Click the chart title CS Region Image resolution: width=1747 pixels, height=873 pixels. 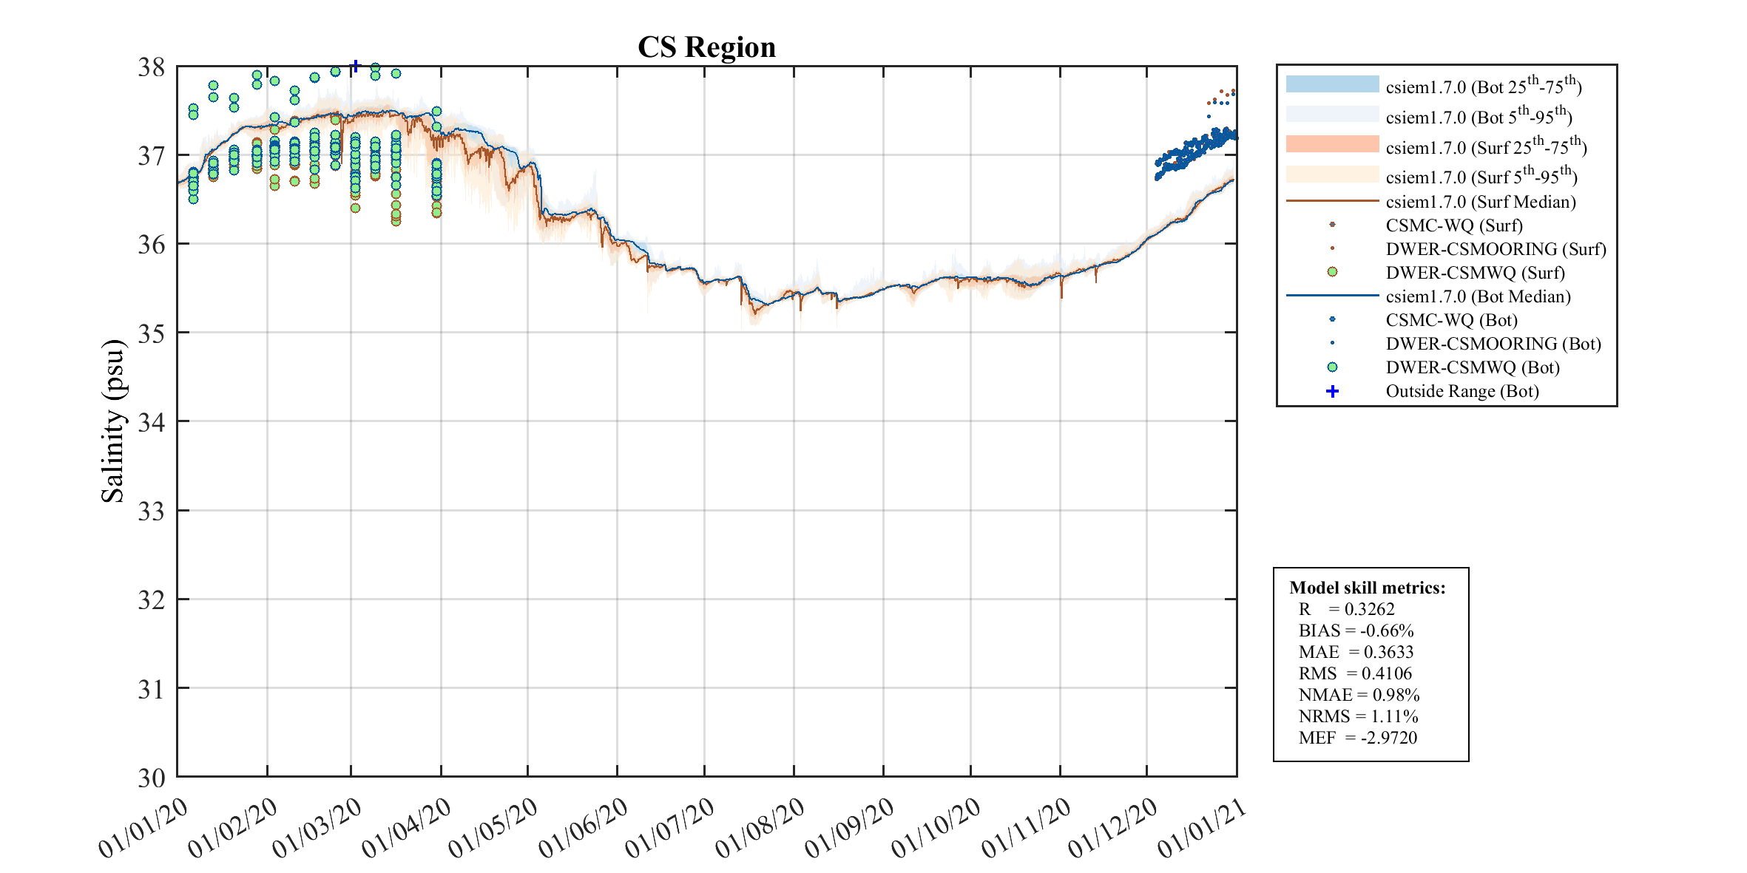point(706,47)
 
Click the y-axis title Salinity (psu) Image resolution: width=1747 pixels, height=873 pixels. point(112,421)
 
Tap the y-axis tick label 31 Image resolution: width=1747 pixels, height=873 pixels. point(151,689)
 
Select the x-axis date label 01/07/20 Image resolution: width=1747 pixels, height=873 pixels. point(670,827)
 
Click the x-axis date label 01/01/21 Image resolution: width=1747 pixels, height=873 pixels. point(1203,827)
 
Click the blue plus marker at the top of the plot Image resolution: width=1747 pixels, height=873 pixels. point(356,67)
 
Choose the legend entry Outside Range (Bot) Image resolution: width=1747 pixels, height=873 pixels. point(1462,391)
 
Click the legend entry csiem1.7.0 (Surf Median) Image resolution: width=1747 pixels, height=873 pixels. point(1480,202)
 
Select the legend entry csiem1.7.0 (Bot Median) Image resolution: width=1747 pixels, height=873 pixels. point(1478,296)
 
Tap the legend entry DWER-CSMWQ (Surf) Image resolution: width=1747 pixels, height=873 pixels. point(1475,273)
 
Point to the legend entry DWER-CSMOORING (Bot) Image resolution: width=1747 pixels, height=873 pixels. point(1493,344)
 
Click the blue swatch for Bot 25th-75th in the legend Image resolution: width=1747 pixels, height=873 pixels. point(1332,84)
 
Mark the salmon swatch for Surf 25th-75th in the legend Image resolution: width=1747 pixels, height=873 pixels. point(1332,144)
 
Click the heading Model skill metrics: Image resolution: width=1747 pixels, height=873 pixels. point(1367,588)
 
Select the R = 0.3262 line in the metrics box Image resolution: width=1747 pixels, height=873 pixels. point(1346,609)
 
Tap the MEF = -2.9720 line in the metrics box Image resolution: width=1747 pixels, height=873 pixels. point(1357,738)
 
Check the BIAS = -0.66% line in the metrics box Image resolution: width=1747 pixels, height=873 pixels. point(1356,631)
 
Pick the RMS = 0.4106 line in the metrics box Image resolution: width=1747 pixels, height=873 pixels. point(1355,673)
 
